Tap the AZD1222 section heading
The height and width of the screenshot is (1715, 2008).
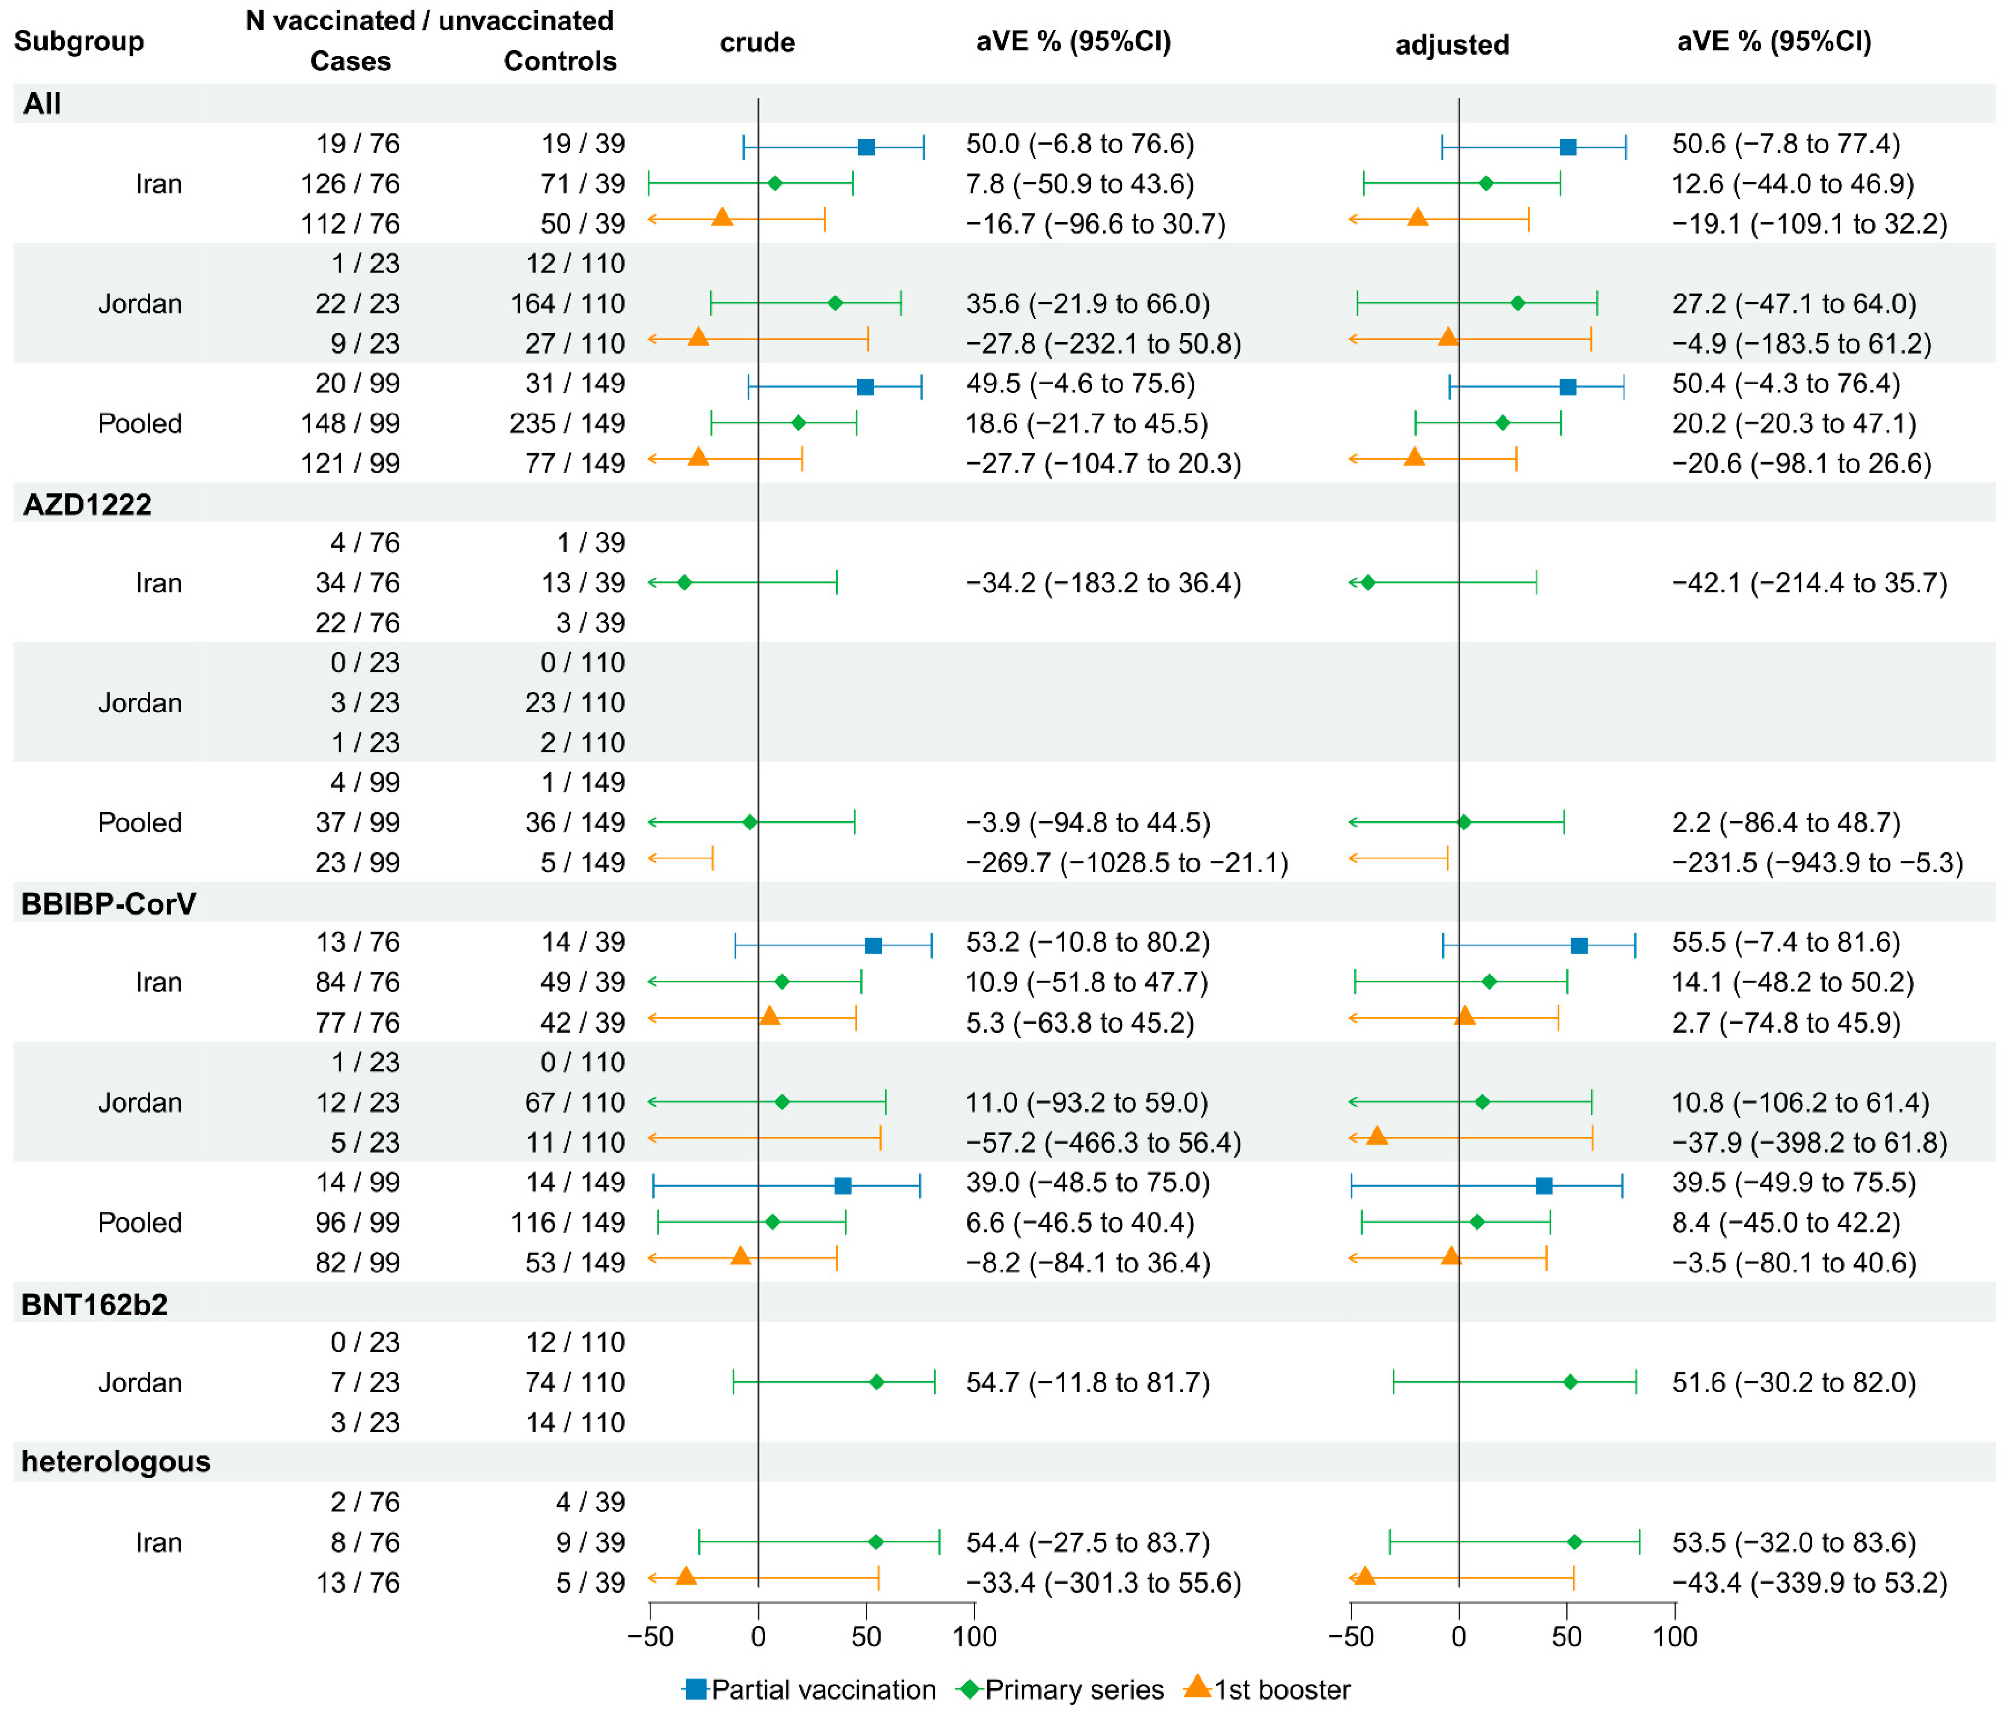(x=87, y=505)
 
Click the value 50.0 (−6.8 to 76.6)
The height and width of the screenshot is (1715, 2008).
(x=1080, y=145)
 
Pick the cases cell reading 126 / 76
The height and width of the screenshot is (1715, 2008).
(x=350, y=184)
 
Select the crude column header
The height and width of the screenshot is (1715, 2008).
(x=757, y=43)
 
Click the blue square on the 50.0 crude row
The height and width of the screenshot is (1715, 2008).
(x=866, y=148)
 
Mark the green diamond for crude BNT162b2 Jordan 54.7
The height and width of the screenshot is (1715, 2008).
(x=876, y=1383)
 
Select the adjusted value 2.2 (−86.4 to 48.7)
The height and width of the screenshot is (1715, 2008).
(x=1785, y=823)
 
